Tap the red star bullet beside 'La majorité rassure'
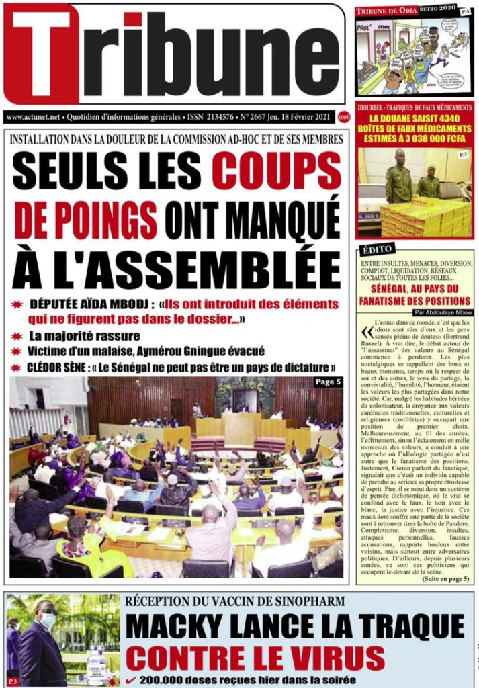[x=17, y=335]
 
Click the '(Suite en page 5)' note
[x=447, y=578]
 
